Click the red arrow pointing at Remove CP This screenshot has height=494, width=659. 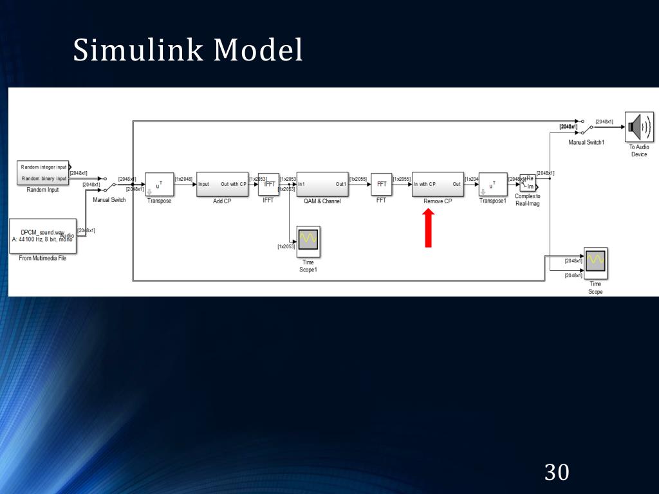click(x=429, y=229)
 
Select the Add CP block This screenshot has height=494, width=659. click(x=222, y=184)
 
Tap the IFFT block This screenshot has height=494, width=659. click(x=269, y=184)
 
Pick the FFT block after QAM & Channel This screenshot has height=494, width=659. click(x=381, y=184)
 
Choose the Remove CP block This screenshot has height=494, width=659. click(x=438, y=184)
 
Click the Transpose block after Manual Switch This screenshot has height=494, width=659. click(x=159, y=184)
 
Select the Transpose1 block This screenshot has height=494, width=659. click(x=493, y=184)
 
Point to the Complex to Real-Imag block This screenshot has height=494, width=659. click(x=528, y=183)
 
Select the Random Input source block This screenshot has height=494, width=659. click(x=43, y=172)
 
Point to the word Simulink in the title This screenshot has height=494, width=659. click(x=138, y=50)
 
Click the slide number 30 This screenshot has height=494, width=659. click(x=557, y=472)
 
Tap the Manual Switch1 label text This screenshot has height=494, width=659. click(x=586, y=142)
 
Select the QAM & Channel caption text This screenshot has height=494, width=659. click(x=322, y=201)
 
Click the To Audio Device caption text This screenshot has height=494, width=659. click(x=639, y=151)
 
